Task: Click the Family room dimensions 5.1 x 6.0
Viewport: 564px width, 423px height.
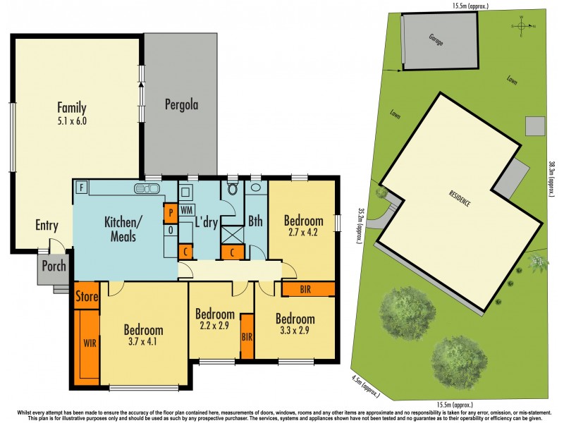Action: click(x=72, y=121)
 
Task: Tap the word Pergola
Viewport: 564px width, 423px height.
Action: click(x=181, y=106)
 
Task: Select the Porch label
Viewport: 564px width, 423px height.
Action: click(x=54, y=266)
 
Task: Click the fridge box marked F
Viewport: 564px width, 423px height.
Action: click(x=82, y=188)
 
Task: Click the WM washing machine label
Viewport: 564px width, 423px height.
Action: click(x=187, y=210)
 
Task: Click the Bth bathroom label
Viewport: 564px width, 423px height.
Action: click(x=255, y=221)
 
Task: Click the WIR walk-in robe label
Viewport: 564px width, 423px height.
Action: click(x=90, y=343)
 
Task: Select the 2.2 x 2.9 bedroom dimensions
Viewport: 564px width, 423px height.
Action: click(x=215, y=326)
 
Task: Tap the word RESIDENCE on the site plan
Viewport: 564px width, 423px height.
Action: click(x=458, y=198)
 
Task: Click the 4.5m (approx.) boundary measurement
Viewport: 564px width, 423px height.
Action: click(x=364, y=385)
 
